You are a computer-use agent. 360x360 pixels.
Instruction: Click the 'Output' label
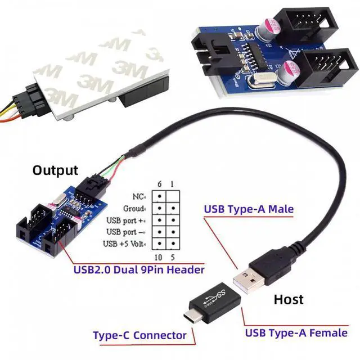[55, 170]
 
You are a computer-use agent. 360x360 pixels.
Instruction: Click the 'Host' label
[288, 299]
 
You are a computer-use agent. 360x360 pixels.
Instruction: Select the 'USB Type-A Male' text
[248, 209]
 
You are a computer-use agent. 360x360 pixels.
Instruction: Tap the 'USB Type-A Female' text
[296, 332]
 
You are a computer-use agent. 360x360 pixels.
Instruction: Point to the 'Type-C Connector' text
[139, 335]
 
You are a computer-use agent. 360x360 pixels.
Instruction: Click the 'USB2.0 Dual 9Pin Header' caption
[139, 270]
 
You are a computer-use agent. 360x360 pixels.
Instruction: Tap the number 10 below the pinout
[159, 258]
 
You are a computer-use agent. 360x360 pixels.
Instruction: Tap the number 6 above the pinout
[160, 183]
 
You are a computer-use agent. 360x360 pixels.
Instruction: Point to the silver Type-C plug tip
[190, 310]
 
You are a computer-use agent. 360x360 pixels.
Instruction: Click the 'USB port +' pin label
[127, 220]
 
